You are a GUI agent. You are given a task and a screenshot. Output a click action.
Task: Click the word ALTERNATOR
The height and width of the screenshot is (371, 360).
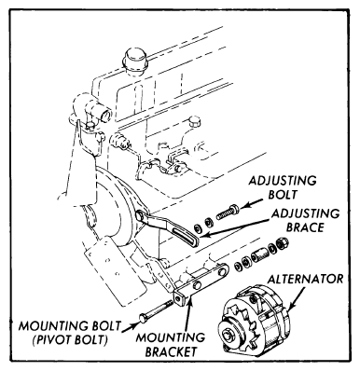[306, 279]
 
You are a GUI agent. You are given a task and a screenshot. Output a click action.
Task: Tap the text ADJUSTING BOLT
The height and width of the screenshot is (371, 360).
[283, 187]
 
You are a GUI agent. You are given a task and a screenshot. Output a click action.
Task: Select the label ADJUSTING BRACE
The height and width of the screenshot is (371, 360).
[305, 220]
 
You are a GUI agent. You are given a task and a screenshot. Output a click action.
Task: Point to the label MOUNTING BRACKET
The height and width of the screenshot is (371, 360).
[171, 345]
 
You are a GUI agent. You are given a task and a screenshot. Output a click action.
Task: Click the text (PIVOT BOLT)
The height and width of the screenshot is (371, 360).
[71, 339]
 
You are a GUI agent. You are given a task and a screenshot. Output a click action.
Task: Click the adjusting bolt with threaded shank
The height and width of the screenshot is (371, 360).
[228, 212]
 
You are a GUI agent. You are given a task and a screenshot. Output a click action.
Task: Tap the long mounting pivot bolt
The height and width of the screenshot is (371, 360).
[156, 310]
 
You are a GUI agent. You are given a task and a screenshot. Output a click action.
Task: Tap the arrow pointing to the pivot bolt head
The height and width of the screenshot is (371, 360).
[129, 327]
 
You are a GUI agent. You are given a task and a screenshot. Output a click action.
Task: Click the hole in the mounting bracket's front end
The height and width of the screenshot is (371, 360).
[179, 298]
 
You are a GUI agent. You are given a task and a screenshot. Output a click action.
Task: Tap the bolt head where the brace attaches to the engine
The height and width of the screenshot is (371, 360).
[140, 215]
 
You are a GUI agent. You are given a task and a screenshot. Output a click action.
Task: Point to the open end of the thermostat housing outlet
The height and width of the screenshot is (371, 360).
[106, 115]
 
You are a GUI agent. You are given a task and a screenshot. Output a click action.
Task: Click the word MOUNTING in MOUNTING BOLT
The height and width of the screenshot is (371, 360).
[48, 326]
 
